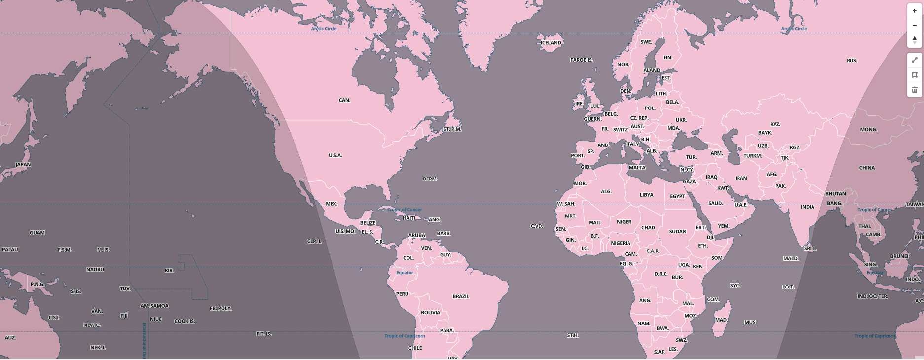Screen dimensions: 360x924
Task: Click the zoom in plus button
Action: point(914,11)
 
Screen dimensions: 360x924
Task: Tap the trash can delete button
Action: point(914,90)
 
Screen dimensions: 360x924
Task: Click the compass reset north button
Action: point(914,40)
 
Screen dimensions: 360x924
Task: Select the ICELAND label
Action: point(551,43)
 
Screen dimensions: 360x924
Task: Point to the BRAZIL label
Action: point(461,296)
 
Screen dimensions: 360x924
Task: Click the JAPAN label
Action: point(23,165)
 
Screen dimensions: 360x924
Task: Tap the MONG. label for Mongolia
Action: point(868,130)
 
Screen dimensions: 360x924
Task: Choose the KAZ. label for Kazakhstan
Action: point(775,124)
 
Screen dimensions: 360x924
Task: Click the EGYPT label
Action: point(677,196)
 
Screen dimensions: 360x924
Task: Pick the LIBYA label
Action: point(646,195)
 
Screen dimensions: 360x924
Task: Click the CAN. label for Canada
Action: point(344,100)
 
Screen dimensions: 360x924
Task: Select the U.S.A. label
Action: point(335,155)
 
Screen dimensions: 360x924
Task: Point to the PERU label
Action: point(402,294)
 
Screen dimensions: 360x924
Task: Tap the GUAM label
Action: point(37,233)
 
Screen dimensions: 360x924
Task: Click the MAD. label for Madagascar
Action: point(721,320)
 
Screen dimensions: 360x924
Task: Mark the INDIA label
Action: point(807,207)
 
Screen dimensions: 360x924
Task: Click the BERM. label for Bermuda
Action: point(430,179)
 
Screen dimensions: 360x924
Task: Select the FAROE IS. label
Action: point(581,60)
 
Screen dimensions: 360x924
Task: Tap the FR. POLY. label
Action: point(221,308)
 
